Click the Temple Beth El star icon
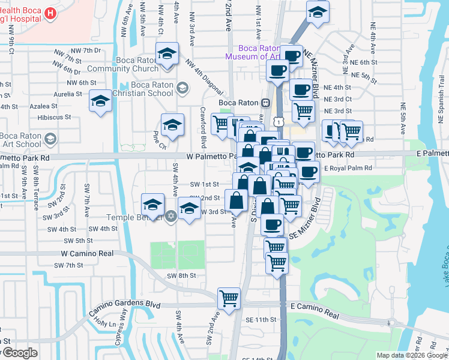click(x=171, y=216)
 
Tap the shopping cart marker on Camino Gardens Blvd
click(x=229, y=298)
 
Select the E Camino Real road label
click(x=315, y=306)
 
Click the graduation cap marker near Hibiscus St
click(x=100, y=101)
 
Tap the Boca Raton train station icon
click(x=264, y=103)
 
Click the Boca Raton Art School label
click(x=22, y=140)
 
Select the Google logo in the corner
click(x=19, y=353)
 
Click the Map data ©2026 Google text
click(x=412, y=355)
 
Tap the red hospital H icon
click(x=51, y=13)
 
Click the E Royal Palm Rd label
click(x=348, y=169)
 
